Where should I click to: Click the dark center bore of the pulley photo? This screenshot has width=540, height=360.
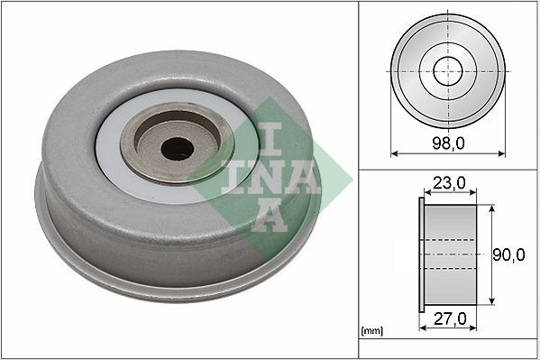[x=177, y=148]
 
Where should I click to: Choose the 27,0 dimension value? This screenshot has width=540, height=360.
[x=448, y=318]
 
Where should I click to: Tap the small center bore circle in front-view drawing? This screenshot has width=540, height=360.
[x=448, y=70]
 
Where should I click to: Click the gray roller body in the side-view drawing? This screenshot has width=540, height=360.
[x=451, y=255]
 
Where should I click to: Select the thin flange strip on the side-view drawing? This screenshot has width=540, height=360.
[x=421, y=255]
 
